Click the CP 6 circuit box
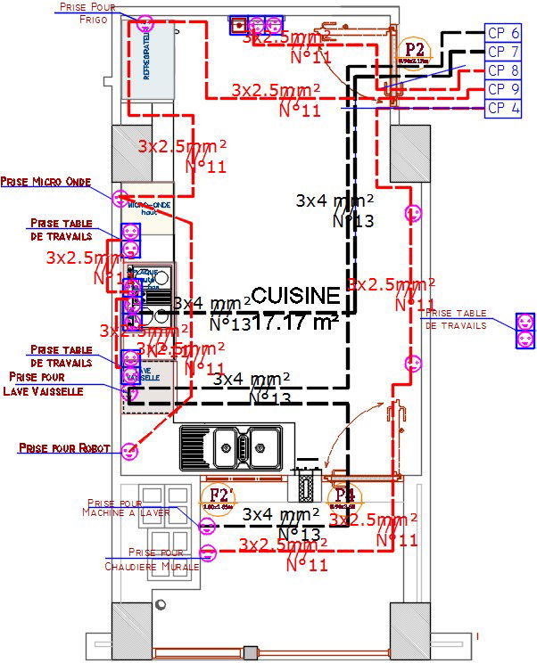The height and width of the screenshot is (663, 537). (x=503, y=33)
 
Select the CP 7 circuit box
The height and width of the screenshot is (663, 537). (x=503, y=52)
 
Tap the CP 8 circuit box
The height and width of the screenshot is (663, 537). (x=503, y=70)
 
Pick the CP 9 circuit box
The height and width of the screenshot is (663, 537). (x=503, y=89)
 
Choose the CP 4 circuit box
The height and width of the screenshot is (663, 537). (x=503, y=109)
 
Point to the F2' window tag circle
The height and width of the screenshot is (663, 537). (x=218, y=497)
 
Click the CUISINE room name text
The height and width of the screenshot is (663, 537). (x=295, y=295)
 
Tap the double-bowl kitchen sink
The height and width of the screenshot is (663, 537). (x=236, y=443)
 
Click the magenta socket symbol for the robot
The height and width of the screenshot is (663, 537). (x=130, y=452)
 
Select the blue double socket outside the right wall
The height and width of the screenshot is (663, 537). (x=525, y=330)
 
